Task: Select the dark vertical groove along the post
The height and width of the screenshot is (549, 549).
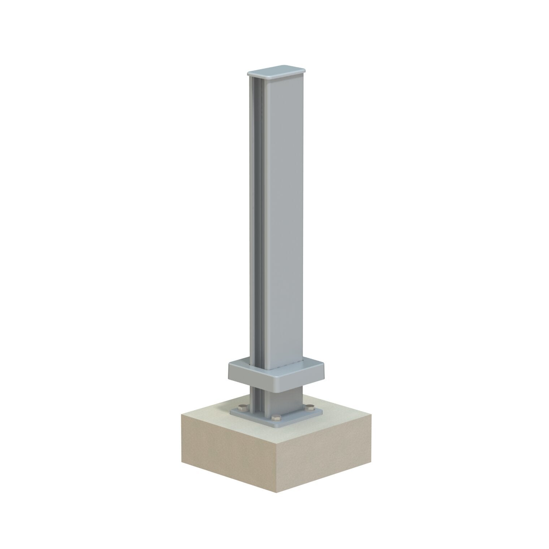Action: point(256,217)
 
